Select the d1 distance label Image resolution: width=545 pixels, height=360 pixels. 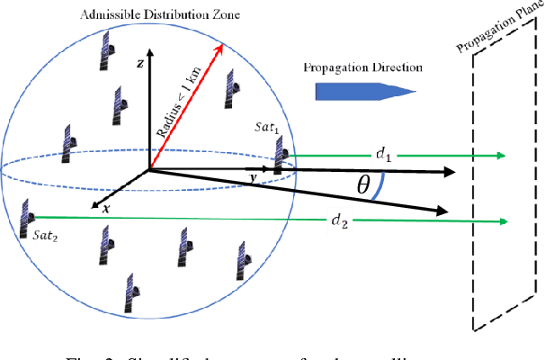click(385, 156)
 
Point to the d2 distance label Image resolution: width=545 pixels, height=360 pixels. click(339, 220)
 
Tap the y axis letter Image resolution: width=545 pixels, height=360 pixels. click(255, 177)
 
